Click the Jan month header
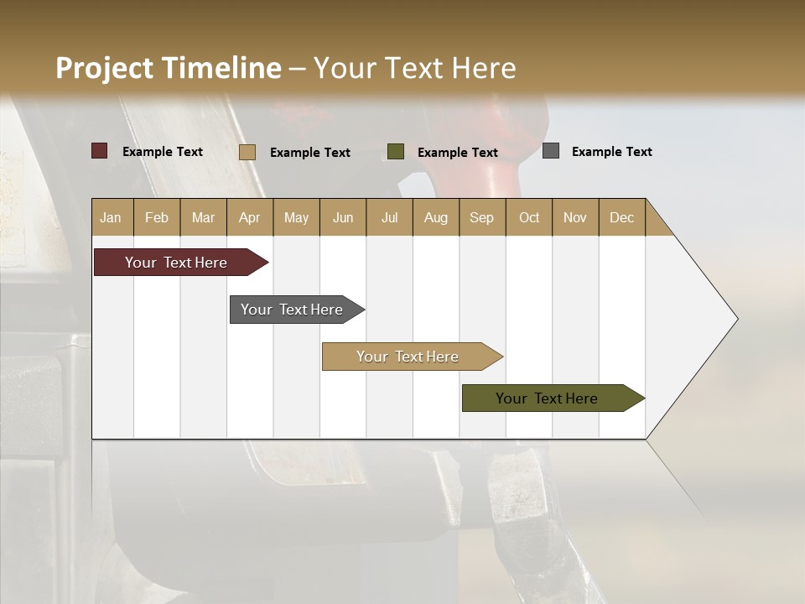tap(112, 217)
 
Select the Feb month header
tap(157, 217)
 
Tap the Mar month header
tap(203, 217)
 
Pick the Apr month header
tap(250, 217)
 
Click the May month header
tap(296, 217)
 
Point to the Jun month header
tap(343, 217)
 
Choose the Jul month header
tap(389, 217)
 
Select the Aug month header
tap(436, 217)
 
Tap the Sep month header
tap(482, 217)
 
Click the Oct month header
tap(529, 217)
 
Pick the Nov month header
tap(575, 217)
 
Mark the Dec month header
tap(622, 217)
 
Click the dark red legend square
tap(100, 151)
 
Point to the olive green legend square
tap(396, 152)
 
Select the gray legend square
tap(551, 151)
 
